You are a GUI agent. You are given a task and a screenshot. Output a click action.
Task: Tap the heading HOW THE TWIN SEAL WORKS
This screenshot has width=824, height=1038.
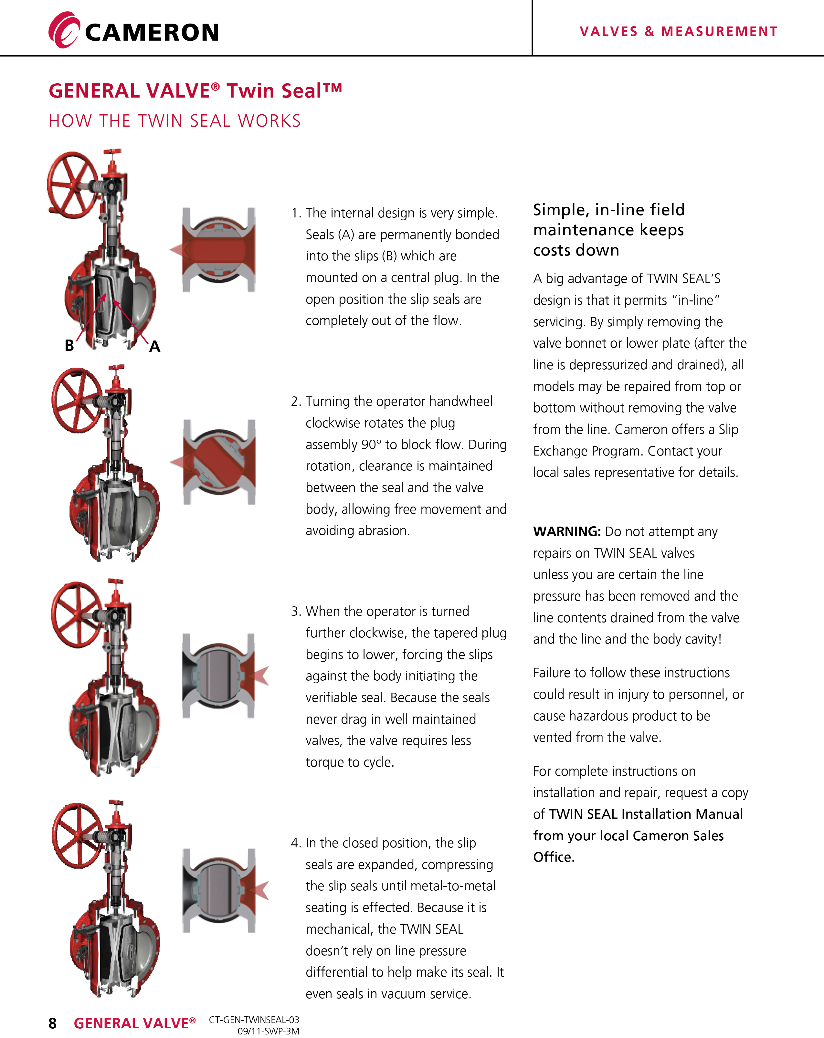(175, 121)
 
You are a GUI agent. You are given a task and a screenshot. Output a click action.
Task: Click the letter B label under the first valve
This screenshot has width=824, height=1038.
(69, 345)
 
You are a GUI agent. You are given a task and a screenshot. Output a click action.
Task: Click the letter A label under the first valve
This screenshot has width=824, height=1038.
(154, 346)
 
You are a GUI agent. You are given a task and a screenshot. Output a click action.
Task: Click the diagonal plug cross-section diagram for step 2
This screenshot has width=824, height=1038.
(219, 462)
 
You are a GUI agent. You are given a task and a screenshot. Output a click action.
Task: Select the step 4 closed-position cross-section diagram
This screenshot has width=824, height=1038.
(219, 890)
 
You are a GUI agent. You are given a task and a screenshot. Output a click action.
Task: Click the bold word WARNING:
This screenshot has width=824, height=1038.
(567, 531)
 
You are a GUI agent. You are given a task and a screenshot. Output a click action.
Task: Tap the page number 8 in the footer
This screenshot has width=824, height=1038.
(52, 1023)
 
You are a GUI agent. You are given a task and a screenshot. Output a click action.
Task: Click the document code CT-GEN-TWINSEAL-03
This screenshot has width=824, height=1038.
(254, 1020)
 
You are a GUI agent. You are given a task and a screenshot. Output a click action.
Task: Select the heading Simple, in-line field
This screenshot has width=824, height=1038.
(609, 210)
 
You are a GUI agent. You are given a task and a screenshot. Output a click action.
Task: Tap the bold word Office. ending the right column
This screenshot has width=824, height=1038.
(554, 857)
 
